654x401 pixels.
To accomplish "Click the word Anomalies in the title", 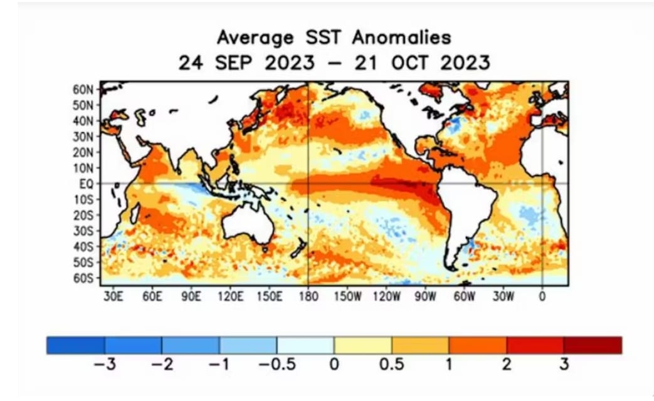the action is (x=401, y=38).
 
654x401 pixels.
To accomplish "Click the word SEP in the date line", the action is (x=233, y=63).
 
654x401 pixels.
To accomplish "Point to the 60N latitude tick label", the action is (x=83, y=90).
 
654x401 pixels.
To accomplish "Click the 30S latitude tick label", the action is (x=83, y=231).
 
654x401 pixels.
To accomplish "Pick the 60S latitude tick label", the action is (x=83, y=278).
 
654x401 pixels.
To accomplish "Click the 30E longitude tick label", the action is (x=113, y=296).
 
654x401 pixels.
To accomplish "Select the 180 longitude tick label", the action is (x=309, y=296).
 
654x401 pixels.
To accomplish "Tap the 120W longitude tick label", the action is (x=387, y=296).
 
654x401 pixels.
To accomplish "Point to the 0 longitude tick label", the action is (x=542, y=296).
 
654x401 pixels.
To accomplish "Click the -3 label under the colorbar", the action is (x=104, y=365).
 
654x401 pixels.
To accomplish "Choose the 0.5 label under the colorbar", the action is (x=391, y=365).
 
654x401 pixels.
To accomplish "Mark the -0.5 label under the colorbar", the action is (x=277, y=365).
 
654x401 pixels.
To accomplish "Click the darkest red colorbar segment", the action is (x=593, y=346).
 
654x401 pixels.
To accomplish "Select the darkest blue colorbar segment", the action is (x=75, y=346).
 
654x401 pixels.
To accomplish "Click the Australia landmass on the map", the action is (x=248, y=223).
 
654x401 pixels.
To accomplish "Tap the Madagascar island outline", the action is (x=135, y=212).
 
